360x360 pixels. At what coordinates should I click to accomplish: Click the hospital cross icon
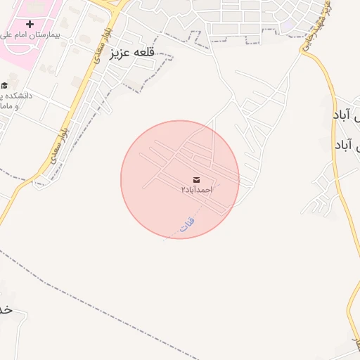(30, 24)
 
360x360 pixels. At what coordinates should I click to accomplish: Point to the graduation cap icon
(4, 85)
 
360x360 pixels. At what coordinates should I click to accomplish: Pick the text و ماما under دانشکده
(10, 106)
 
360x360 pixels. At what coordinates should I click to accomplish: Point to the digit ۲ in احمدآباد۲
(184, 191)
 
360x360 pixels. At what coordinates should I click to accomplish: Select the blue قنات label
(187, 224)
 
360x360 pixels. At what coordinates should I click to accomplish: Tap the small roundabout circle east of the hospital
(72, 41)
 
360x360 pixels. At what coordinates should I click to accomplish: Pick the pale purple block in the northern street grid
(289, 25)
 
